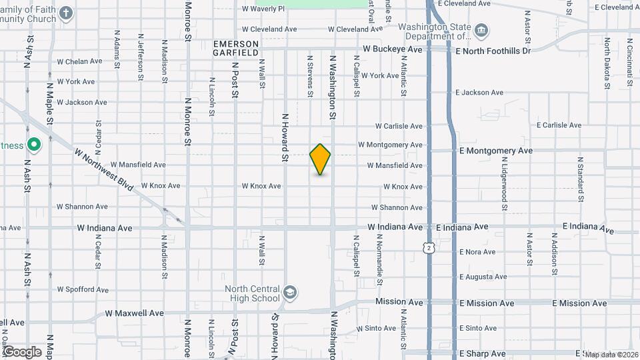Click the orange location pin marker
click(x=321, y=159)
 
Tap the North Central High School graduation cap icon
click(x=291, y=292)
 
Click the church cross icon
click(x=66, y=13)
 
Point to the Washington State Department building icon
click(x=481, y=30)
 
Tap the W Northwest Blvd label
click(x=105, y=169)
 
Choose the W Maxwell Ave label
click(x=135, y=313)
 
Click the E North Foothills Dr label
click(x=493, y=51)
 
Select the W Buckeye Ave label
click(x=393, y=50)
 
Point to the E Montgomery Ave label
click(x=496, y=151)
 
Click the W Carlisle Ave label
click(x=399, y=126)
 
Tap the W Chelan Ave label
click(x=79, y=61)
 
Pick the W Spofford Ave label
click(x=82, y=289)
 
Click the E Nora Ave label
click(x=477, y=252)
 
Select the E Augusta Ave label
click(x=483, y=277)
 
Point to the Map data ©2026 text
click(x=611, y=355)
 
